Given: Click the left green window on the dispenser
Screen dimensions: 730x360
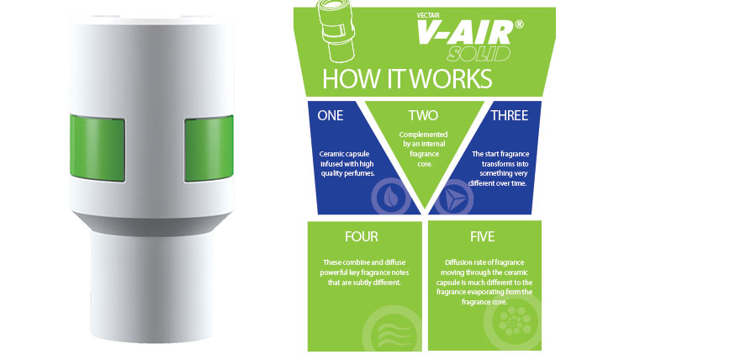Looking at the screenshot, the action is [x=98, y=148].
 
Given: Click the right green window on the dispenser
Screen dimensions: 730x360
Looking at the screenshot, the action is [x=209, y=148].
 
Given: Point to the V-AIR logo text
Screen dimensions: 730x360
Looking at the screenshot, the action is [x=465, y=33].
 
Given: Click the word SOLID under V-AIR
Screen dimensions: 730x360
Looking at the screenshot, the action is [x=479, y=54].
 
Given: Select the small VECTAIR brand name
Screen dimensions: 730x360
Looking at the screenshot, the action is [x=428, y=14].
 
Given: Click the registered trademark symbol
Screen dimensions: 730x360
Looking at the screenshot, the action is [x=519, y=24].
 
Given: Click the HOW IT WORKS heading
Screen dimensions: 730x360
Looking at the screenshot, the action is [x=407, y=78].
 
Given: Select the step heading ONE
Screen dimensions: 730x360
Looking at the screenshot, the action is [x=330, y=115].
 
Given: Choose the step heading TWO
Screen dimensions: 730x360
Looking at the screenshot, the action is [x=423, y=115].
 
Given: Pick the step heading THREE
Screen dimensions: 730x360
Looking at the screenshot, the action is [x=510, y=115].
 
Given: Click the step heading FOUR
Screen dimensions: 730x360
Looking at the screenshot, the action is [x=362, y=236].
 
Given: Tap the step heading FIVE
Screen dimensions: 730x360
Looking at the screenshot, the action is [x=482, y=236].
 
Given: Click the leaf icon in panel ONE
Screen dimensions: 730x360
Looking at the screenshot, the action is [x=390, y=198].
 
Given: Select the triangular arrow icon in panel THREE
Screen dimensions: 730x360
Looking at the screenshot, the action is [x=453, y=199].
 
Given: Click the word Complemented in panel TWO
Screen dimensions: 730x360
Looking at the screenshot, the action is [x=423, y=135].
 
